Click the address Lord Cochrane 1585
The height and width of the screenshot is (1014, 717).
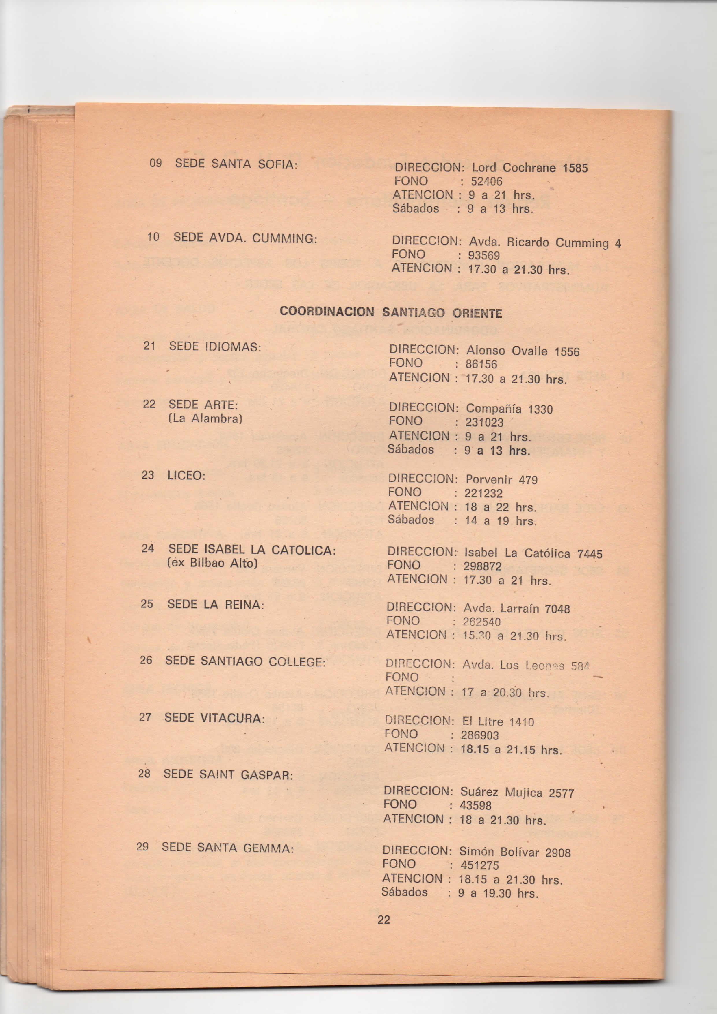click(x=530, y=168)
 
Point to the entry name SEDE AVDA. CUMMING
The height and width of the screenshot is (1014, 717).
click(x=245, y=238)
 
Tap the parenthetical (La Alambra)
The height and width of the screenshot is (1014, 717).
click(x=205, y=418)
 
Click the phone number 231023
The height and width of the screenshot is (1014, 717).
click(x=484, y=422)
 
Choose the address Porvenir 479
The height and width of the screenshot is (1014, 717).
click(x=501, y=480)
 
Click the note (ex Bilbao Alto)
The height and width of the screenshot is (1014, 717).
click(x=212, y=563)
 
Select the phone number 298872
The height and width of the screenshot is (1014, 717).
click(x=482, y=566)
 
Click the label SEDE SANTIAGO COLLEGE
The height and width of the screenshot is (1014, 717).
click(x=245, y=661)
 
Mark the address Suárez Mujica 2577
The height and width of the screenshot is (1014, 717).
click(x=517, y=793)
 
